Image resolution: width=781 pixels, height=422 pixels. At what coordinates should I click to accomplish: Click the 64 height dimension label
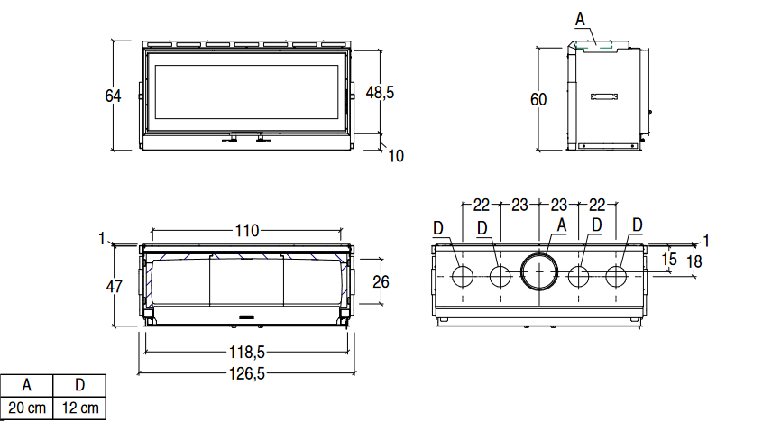113,96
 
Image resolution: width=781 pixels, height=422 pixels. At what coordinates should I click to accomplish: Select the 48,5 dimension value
380,93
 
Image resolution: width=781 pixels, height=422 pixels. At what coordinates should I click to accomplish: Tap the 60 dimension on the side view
538,100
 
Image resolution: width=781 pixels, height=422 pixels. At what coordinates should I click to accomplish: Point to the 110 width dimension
247,231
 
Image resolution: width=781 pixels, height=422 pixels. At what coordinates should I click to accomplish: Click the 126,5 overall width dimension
247,373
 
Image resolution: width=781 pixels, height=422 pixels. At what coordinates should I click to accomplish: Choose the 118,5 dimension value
247,353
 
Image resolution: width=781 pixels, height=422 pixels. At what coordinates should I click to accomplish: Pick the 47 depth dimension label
114,287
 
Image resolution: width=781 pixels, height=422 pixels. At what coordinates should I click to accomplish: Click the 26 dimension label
381,282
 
